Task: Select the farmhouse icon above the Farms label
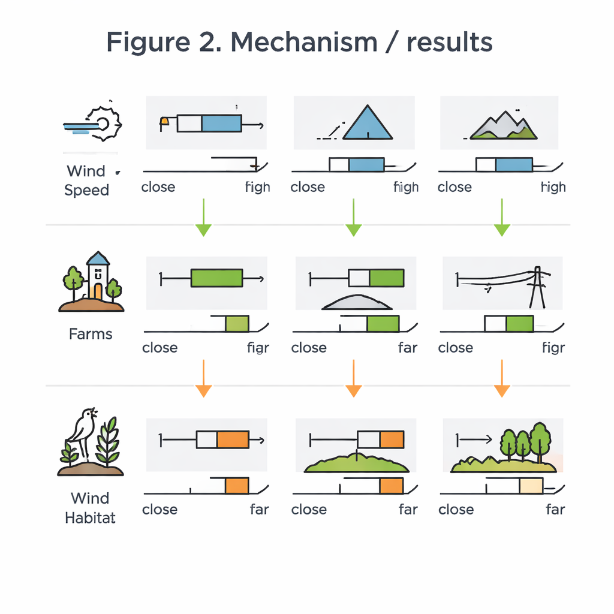tap(96, 278)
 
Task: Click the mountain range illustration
tap(502, 125)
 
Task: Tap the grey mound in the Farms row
tap(357, 303)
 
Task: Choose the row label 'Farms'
tap(91, 334)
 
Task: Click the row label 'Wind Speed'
tap(87, 180)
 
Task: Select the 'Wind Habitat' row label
tap(90, 507)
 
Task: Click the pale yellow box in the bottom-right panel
tap(531, 485)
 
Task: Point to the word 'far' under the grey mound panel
tap(408, 348)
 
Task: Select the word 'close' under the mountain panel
tap(455, 187)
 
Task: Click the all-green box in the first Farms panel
tap(216, 278)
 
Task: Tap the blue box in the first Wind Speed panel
tap(221, 124)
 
